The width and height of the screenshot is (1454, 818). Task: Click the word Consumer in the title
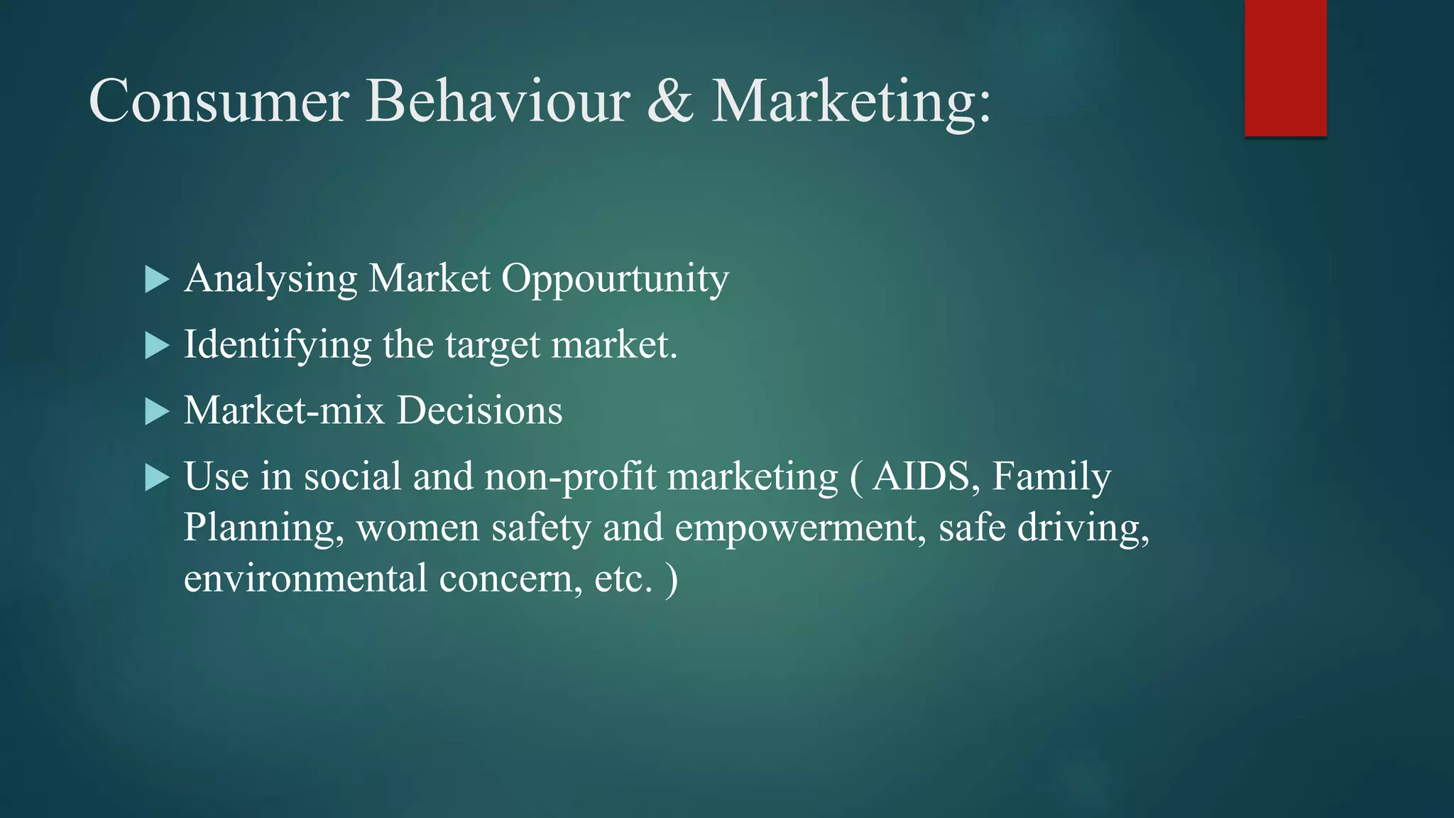[218, 102]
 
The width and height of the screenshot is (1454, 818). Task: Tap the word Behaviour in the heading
[497, 102]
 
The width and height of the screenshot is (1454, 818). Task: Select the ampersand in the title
[669, 102]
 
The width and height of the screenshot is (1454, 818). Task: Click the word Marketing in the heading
[850, 102]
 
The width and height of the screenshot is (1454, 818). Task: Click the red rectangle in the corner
[1285, 68]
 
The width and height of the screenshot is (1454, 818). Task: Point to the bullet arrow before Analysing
[156, 279]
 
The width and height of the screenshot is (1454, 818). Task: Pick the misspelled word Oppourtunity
[615, 279]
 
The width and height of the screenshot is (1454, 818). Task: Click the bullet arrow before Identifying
[156, 346]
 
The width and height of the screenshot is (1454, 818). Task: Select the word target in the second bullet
[493, 346]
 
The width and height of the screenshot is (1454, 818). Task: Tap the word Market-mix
[284, 410]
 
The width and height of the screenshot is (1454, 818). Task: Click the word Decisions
[479, 410]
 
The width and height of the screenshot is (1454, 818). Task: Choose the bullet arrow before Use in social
[156, 477]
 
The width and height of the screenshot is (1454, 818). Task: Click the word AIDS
[921, 476]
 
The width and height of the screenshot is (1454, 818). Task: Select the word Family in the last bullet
[1051, 476]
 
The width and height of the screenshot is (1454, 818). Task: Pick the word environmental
[305, 579]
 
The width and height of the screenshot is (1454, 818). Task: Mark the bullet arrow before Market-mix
[156, 411]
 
